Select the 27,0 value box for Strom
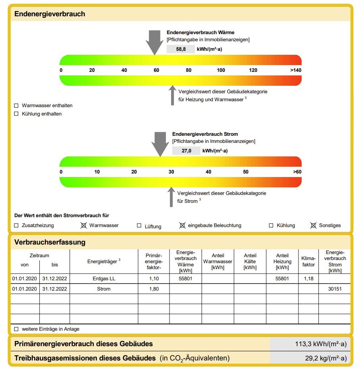click(x=186, y=151)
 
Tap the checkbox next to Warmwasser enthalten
click(x=16, y=106)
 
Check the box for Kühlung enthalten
click(x=16, y=114)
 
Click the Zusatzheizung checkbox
click(x=16, y=225)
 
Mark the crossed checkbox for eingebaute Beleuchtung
click(x=182, y=225)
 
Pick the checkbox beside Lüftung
click(x=139, y=225)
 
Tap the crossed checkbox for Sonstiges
click(x=313, y=225)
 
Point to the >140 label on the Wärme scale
click(x=296, y=70)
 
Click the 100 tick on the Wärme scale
click(x=221, y=70)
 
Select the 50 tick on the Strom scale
click(x=246, y=172)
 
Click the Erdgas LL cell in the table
click(x=104, y=279)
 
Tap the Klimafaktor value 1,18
click(x=308, y=279)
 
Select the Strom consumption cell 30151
click(x=335, y=289)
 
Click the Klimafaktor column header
click(x=308, y=261)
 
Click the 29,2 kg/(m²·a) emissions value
click(x=325, y=358)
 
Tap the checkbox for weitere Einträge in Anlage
click(x=16, y=329)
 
